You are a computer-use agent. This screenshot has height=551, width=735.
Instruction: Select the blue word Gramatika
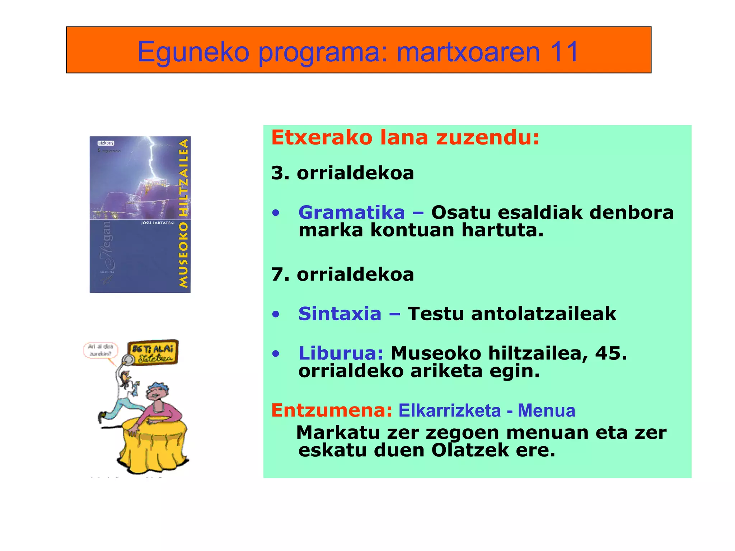[351, 212]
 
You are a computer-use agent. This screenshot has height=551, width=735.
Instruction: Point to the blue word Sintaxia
[340, 314]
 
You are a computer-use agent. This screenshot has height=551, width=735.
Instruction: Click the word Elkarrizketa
[449, 410]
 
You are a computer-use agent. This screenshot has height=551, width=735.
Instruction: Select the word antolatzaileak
[544, 314]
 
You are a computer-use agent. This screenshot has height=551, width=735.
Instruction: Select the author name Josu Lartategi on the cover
[158, 223]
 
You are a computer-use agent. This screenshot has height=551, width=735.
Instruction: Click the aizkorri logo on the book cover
[106, 143]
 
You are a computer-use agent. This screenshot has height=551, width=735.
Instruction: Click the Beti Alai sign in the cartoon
[153, 352]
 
